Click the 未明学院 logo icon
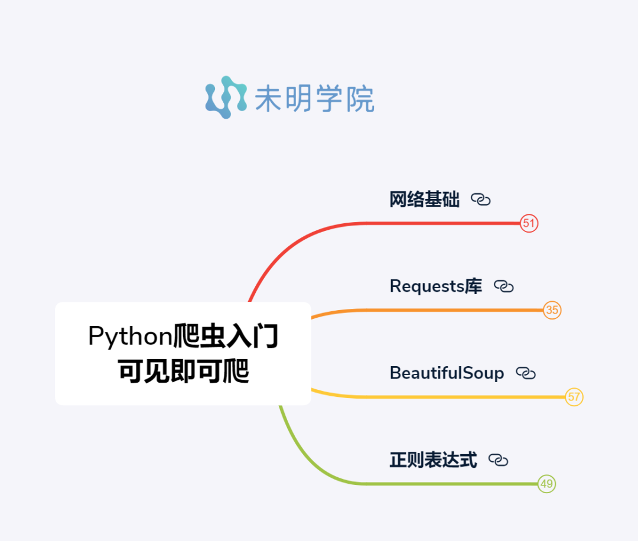click(226, 97)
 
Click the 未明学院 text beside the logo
click(314, 98)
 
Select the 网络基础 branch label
click(424, 200)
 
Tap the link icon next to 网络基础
click(481, 200)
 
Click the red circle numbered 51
click(529, 223)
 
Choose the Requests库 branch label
click(435, 286)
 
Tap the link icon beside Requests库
click(504, 286)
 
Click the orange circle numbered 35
click(552, 310)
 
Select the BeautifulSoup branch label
click(447, 373)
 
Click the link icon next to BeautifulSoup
click(526, 373)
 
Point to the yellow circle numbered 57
click(574, 397)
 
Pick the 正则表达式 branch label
click(433, 460)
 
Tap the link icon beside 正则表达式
click(498, 460)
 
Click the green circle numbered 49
click(546, 484)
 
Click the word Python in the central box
click(130, 337)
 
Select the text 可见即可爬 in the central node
click(183, 371)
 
